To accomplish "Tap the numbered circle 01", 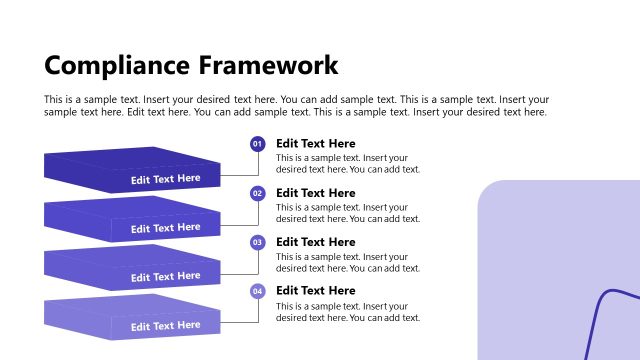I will (x=257, y=144).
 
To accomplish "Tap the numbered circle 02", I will (x=257, y=193).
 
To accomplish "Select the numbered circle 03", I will (x=257, y=242).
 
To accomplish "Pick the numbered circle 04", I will (x=257, y=291).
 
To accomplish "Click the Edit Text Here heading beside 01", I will (x=315, y=144).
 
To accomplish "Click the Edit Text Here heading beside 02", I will (x=315, y=193).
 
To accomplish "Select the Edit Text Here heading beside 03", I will (x=315, y=242).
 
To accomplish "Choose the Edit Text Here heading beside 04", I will (x=315, y=291).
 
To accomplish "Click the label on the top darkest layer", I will (x=165, y=179).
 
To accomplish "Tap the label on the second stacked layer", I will (x=165, y=228).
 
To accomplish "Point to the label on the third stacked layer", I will (x=165, y=277).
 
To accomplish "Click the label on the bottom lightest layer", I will (x=165, y=326).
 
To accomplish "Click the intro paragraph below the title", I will (x=296, y=106).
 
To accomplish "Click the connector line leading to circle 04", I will (x=258, y=312).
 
